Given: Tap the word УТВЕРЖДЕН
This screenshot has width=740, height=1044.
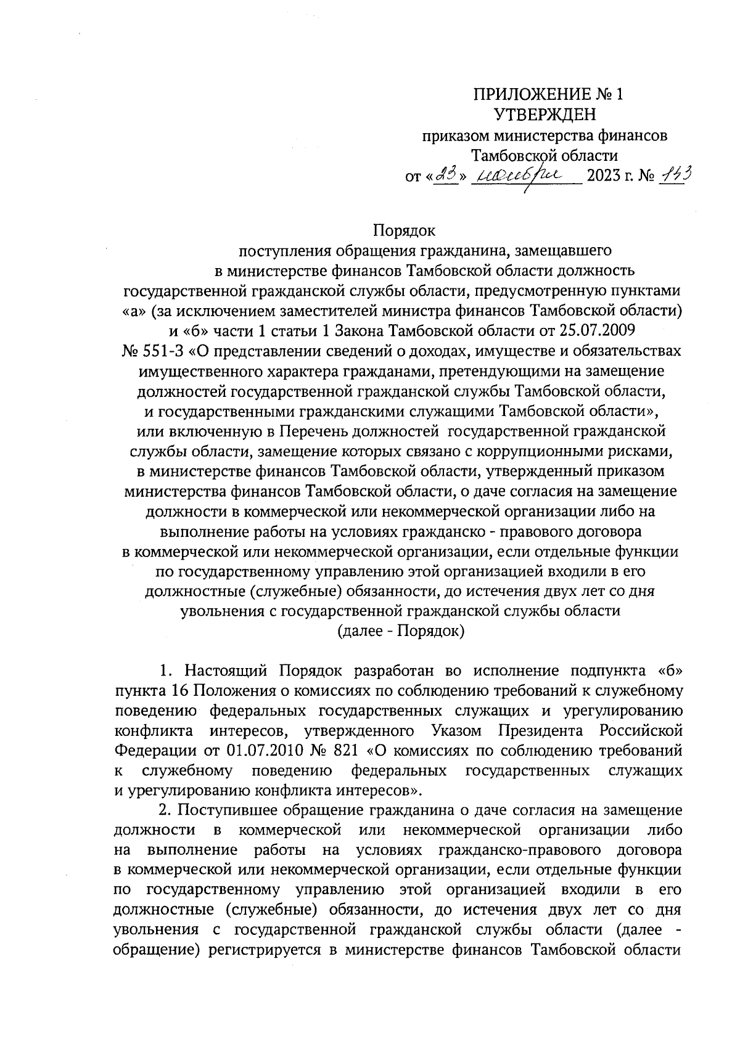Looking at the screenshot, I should click(546, 115).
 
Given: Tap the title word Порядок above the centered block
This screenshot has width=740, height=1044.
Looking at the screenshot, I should click(404, 231).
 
